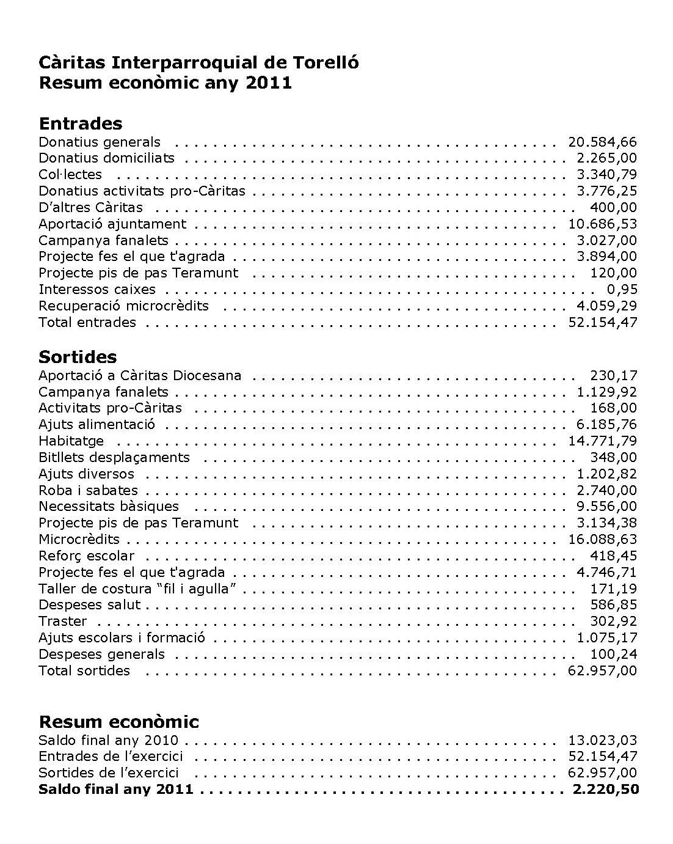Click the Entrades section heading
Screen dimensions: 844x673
tap(80, 123)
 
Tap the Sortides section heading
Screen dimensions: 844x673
tap(78, 357)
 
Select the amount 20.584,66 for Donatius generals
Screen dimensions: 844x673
tap(602, 142)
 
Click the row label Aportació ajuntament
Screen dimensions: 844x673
tap(112, 224)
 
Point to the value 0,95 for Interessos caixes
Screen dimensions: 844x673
tap(621, 290)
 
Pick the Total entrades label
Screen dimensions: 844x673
tap(87, 323)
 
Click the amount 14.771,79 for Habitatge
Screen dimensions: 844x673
tap(602, 441)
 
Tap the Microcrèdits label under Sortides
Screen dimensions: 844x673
tap(79, 540)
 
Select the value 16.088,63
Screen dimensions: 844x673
tap(602, 540)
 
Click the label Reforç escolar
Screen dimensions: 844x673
tap(86, 556)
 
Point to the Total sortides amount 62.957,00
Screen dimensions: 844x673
tap(602, 671)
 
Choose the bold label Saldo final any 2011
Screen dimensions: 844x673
tap(116, 790)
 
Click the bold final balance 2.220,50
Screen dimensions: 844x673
tap(606, 790)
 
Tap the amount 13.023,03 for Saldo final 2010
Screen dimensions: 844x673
tap(602, 741)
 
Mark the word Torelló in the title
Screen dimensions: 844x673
tap(326, 63)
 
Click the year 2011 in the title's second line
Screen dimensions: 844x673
tap(269, 83)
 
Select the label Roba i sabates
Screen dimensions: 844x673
tap(88, 490)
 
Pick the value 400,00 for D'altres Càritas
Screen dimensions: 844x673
tap(613, 208)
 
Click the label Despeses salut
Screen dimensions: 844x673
tap(89, 605)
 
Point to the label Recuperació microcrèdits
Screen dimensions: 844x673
tap(123, 306)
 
